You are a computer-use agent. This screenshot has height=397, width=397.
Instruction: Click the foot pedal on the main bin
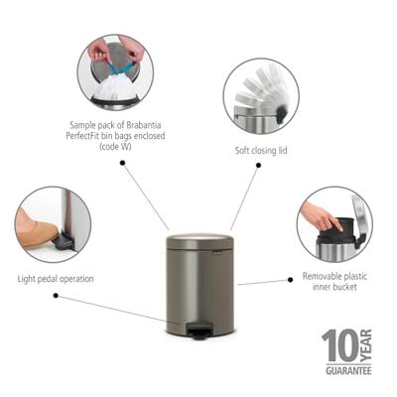click(x=198, y=331)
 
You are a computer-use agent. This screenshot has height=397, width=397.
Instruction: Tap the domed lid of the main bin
click(x=199, y=242)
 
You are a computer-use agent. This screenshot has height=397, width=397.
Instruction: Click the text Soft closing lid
click(x=261, y=151)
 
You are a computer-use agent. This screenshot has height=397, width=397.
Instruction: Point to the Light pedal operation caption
click(x=56, y=279)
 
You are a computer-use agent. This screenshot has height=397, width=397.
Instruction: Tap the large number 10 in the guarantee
click(x=340, y=345)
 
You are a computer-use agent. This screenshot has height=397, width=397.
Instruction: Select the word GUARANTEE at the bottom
click(x=348, y=370)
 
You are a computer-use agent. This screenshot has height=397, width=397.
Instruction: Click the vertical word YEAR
click(x=366, y=345)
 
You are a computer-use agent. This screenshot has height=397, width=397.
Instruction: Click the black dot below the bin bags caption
click(x=122, y=163)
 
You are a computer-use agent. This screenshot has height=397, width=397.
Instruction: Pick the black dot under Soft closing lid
click(x=259, y=165)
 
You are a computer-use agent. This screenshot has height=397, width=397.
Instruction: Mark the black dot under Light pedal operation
click(x=56, y=296)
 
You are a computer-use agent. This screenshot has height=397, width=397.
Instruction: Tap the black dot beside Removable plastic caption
click(x=291, y=280)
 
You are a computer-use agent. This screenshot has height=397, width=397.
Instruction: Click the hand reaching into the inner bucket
click(x=321, y=215)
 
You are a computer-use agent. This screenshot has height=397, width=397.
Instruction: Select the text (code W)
click(x=115, y=147)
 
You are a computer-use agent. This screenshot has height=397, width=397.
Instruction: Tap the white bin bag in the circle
click(x=114, y=86)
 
